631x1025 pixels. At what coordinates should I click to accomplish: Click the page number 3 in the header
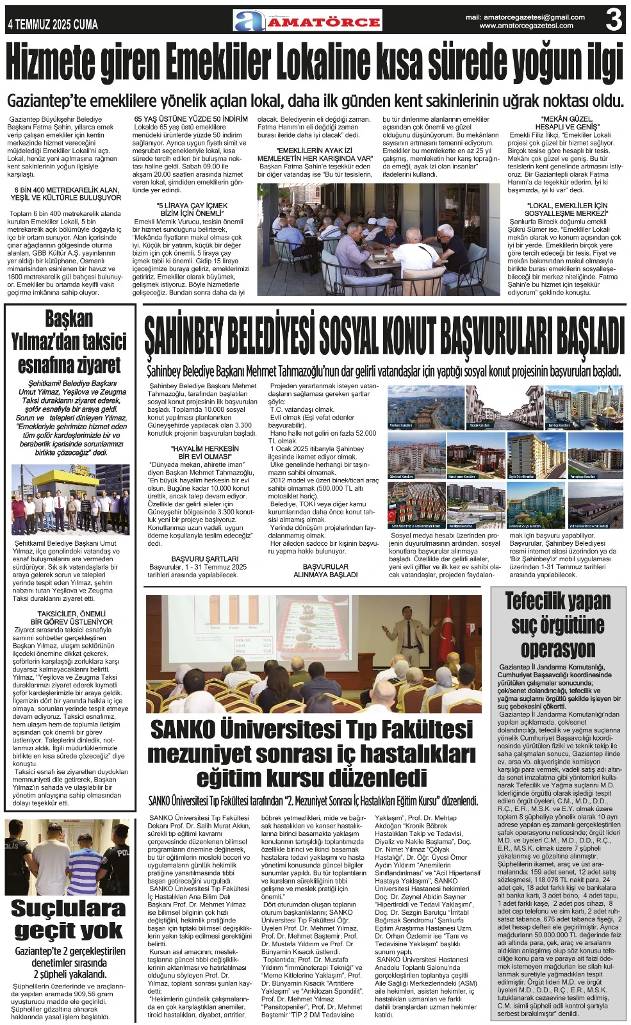pos(614,20)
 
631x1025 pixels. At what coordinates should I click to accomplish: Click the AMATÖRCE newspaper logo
pos(307,21)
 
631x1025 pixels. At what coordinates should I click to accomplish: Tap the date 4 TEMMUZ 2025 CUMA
pos(53,25)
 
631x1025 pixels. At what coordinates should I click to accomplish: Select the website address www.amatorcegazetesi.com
pos(526,26)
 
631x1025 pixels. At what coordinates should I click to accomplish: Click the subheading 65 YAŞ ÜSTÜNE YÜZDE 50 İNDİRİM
pos(191,119)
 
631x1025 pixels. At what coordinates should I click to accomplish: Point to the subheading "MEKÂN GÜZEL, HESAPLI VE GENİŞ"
pos(566,123)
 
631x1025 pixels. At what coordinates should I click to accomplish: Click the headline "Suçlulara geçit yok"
pos(68,919)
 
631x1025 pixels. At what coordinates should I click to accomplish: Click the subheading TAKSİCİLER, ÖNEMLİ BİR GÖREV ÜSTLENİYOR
pos(71,618)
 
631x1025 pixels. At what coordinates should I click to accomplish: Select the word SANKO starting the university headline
pos(183,730)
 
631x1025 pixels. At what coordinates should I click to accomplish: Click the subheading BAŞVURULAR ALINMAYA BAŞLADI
pos(325,571)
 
